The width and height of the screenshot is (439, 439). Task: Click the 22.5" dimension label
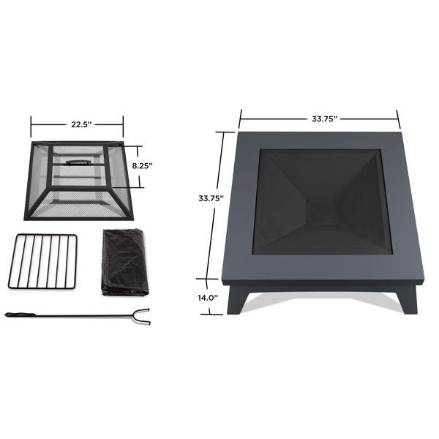(x=77, y=124)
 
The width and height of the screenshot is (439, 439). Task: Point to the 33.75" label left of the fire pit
(x=211, y=198)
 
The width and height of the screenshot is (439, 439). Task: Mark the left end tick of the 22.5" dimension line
(x=31, y=124)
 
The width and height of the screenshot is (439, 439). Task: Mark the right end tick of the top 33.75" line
(x=399, y=118)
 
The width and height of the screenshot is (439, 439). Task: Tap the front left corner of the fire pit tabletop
(x=223, y=283)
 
